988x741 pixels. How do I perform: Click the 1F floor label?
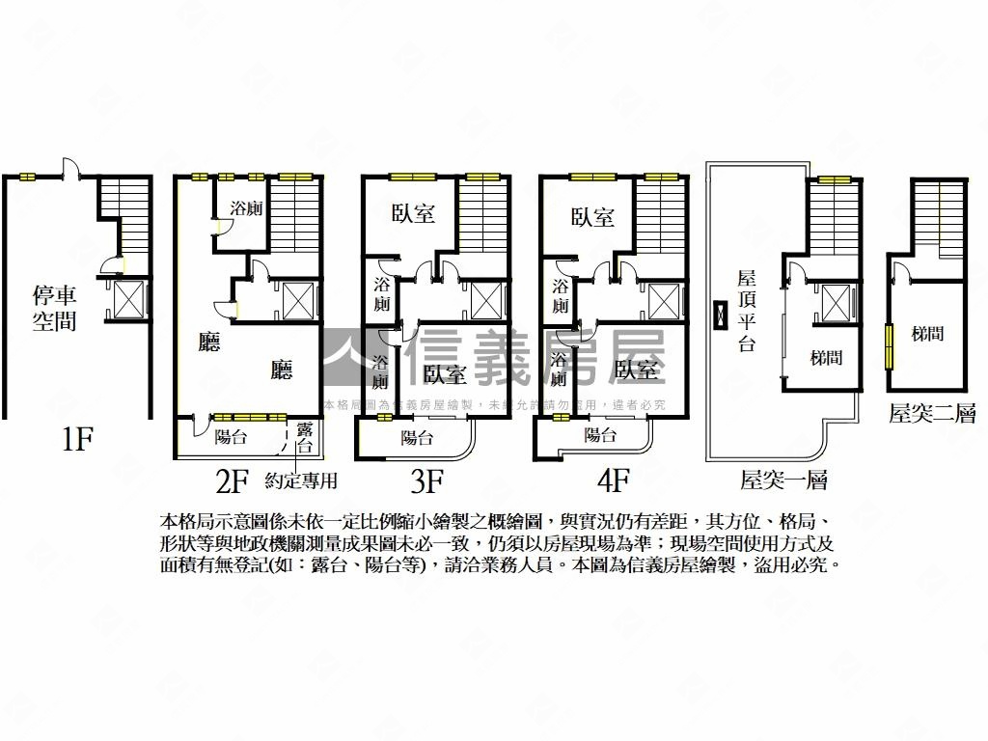[x=76, y=441]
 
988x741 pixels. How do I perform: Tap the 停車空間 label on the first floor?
[x=54, y=309]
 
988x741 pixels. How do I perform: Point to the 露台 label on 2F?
[x=304, y=437]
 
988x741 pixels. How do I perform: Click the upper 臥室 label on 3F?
[x=413, y=213]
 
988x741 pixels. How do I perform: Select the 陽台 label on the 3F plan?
[x=417, y=437]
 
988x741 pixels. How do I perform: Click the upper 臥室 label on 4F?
[x=591, y=216]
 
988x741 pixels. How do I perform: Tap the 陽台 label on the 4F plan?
[x=600, y=434]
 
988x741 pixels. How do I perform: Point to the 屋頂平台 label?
[x=746, y=311]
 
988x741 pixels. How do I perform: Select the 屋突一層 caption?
[x=784, y=480]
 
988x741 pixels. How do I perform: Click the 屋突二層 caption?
[x=932, y=414]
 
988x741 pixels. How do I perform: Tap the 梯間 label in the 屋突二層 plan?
[x=927, y=334]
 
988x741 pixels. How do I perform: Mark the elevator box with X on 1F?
[x=128, y=300]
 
